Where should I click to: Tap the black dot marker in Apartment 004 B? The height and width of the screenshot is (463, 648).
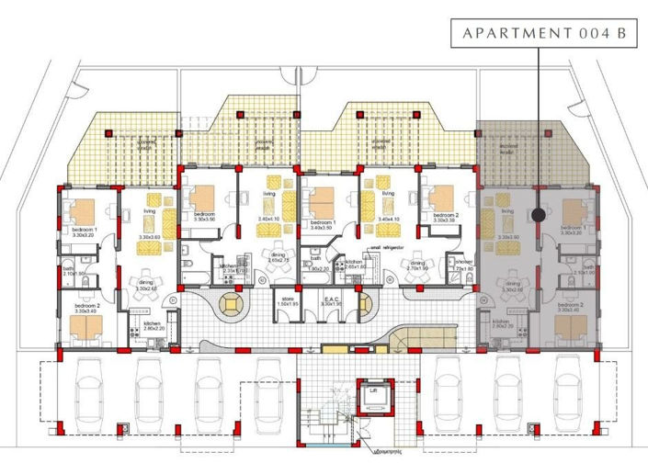tap(535, 215)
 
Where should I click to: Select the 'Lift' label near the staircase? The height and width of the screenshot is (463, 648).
tap(374, 390)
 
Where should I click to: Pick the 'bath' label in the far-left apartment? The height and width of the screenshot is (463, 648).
tap(69, 269)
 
